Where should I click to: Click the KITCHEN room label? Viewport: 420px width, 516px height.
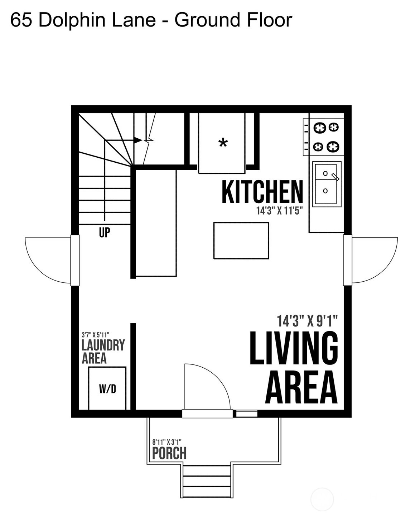(262, 192)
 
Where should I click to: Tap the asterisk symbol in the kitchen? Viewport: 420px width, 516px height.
(223, 143)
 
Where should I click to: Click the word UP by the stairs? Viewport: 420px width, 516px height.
(105, 232)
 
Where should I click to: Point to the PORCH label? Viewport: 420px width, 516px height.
(169, 453)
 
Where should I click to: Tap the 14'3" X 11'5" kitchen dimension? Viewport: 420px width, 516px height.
(280, 211)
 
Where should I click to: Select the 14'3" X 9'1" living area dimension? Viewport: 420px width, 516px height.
(307, 321)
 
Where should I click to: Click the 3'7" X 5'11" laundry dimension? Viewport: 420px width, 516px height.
(95, 335)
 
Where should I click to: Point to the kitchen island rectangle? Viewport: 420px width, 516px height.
(241, 240)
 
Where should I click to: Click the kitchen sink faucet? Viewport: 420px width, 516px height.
(335, 177)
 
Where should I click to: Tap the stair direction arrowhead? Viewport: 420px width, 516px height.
(138, 140)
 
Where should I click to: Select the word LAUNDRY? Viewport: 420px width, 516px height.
(103, 345)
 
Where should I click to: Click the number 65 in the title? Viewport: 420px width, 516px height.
(21, 20)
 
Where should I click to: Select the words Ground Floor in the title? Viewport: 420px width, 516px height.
(233, 20)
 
